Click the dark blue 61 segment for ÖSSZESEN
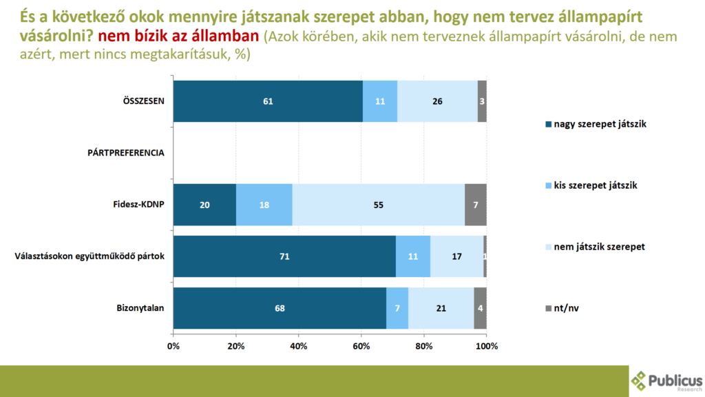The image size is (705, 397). coord(268,101)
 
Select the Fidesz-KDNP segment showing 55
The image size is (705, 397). coord(378,205)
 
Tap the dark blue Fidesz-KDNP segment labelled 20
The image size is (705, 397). coord(204,205)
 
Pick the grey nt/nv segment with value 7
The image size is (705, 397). coord(476,205)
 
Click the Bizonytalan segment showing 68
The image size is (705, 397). coord(280,308)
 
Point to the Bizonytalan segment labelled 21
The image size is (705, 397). coord(441,308)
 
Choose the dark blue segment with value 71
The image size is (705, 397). coord(284,256)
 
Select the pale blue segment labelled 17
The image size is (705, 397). coord(456,256)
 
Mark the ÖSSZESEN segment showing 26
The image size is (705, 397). coord(437,101)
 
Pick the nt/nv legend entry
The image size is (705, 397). coord(566,308)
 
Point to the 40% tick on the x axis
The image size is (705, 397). coord(299,345)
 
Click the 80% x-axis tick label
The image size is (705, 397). coord(424,345)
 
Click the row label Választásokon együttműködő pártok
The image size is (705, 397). coord(90,256)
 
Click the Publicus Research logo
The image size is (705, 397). coord(667,381)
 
